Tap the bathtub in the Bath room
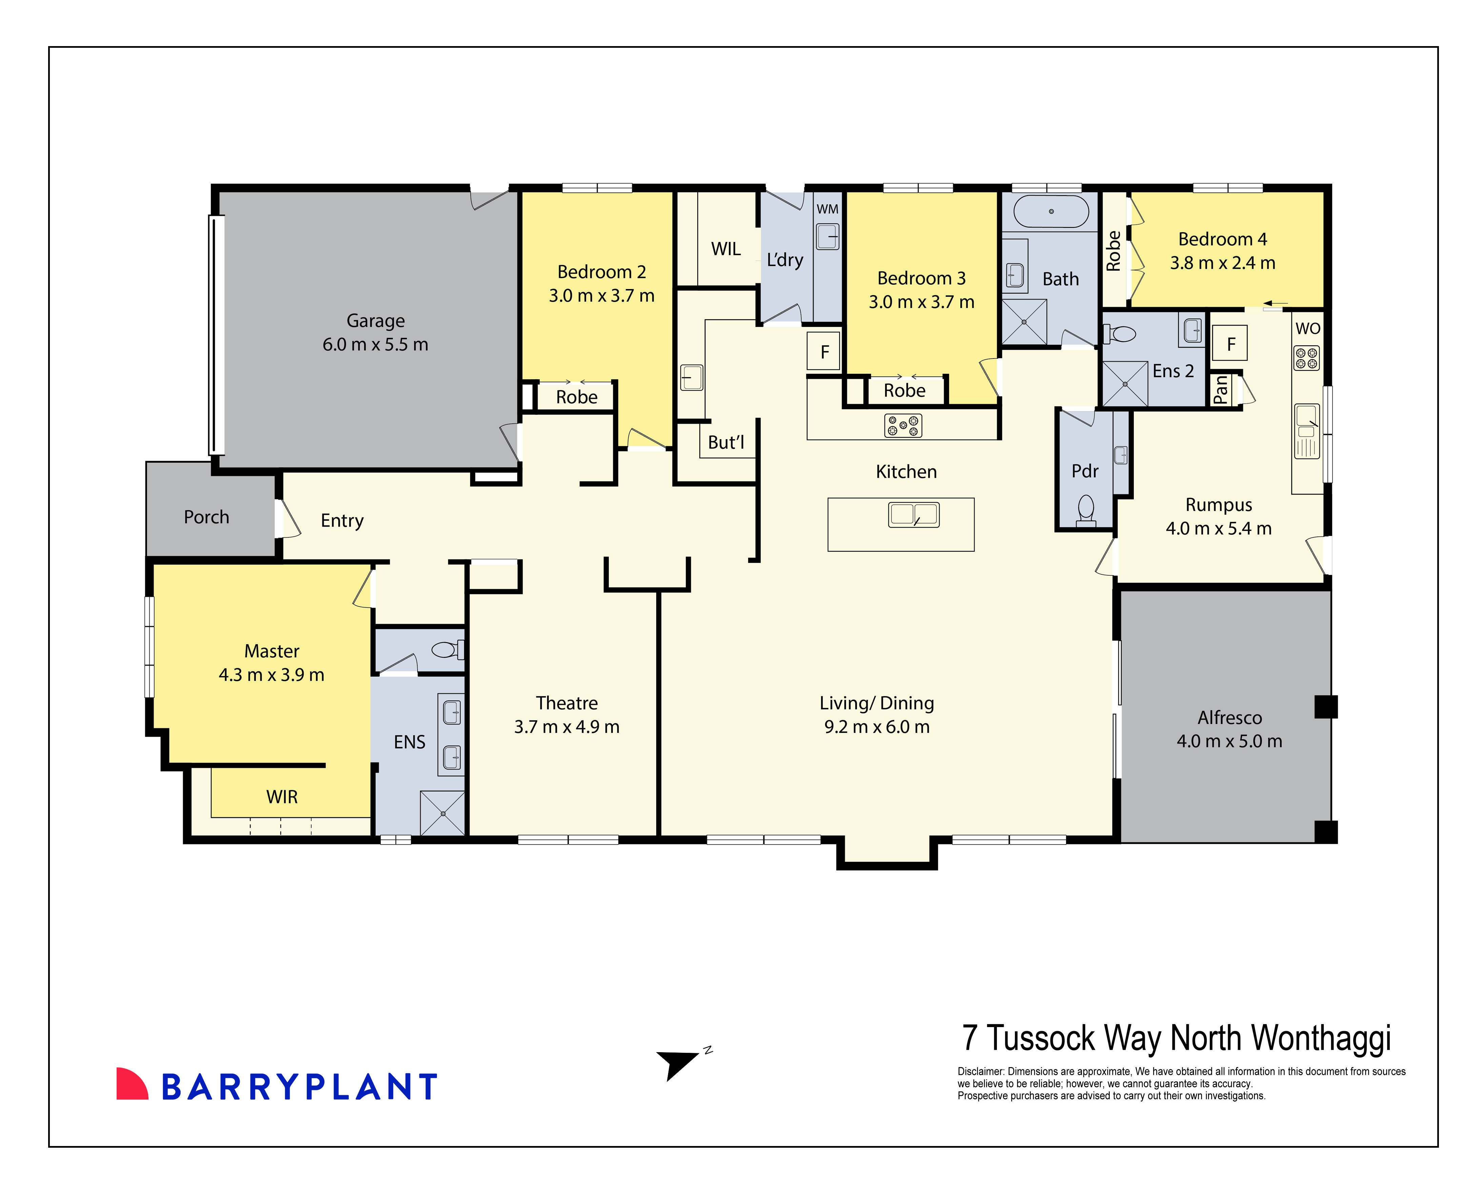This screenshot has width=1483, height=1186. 1050,212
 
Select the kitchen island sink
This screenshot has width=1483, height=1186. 914,514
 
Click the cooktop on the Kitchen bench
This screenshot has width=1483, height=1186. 902,426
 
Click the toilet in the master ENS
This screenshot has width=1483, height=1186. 447,649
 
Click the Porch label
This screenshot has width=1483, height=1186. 206,517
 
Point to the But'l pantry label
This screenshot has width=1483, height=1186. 726,442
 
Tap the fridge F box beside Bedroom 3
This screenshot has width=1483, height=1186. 824,352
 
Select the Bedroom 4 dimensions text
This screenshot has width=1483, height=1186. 1222,263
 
